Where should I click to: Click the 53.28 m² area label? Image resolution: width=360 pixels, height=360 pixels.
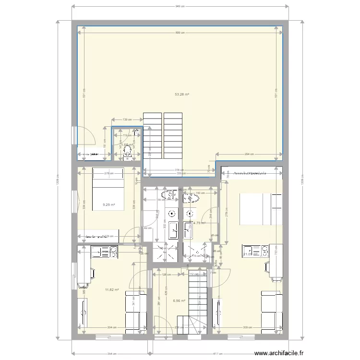(182, 95)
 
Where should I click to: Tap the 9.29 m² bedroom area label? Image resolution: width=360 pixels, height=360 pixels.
(109, 205)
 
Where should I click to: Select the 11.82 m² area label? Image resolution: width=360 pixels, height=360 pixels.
(111, 289)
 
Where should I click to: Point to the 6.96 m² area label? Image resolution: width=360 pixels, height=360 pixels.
(179, 301)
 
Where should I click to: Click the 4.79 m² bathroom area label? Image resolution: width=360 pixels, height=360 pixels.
(199, 223)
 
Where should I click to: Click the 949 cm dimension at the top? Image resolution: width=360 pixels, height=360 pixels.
(180, 6)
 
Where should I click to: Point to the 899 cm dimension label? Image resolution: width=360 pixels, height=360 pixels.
(180, 32)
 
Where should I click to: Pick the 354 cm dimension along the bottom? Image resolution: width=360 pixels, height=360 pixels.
(111, 354)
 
